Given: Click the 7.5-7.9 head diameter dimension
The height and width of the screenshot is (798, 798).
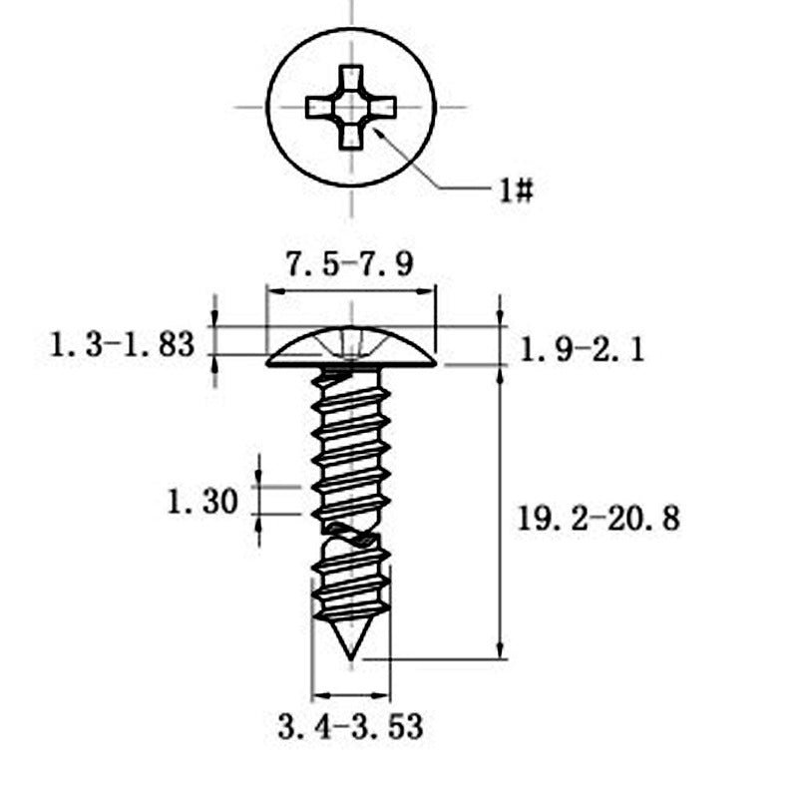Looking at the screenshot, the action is click(350, 264).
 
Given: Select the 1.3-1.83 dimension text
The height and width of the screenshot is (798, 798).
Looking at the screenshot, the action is click(122, 344).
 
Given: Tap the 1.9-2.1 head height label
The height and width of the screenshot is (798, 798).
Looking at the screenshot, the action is click(582, 350).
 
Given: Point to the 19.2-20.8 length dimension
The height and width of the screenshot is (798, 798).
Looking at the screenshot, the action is click(598, 519).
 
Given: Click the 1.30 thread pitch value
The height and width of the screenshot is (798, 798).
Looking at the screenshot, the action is click(202, 502).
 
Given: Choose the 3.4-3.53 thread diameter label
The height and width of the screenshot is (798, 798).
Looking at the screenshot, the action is click(351, 727).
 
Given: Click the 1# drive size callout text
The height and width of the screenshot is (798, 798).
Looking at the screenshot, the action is click(516, 192).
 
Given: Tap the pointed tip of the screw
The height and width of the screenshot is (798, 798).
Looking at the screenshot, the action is click(351, 660).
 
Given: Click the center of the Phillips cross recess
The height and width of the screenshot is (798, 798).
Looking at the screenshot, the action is click(351, 108).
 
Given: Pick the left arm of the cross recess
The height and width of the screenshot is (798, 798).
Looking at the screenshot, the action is click(320, 108).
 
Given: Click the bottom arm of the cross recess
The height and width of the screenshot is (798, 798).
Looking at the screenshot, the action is click(351, 137).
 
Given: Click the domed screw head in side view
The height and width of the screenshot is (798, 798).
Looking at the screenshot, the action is click(351, 346).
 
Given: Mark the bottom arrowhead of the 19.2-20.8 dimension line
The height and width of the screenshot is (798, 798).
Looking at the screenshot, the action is click(501, 650).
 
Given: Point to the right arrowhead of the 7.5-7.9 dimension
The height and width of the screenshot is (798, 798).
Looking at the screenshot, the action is click(428, 291).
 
